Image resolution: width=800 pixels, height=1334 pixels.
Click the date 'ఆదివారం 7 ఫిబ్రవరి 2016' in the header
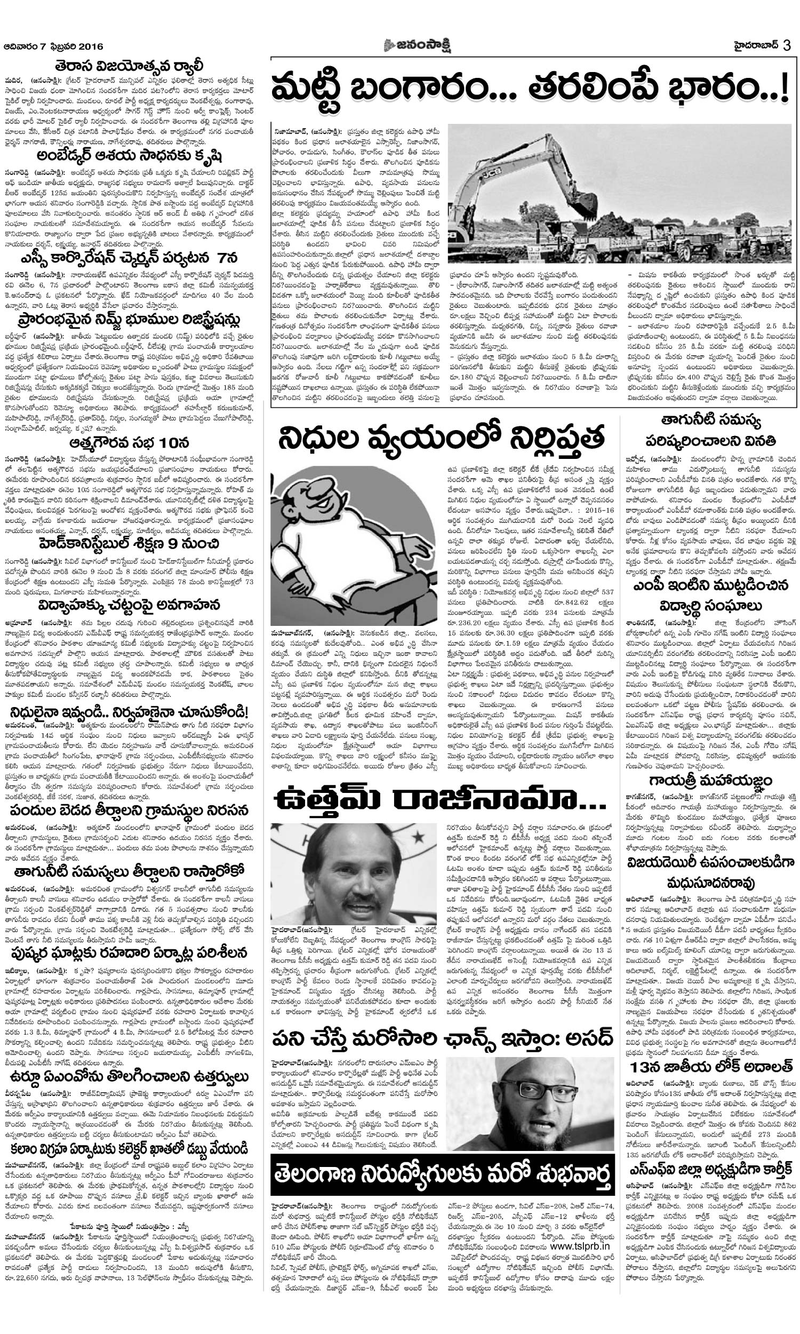[53, 46]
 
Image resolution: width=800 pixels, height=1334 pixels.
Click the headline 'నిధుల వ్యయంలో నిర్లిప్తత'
[441, 439]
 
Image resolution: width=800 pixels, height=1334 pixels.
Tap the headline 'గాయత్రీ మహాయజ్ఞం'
[710, 780]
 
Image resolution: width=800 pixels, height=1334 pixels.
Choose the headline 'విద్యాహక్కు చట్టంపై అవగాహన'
[129, 605]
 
